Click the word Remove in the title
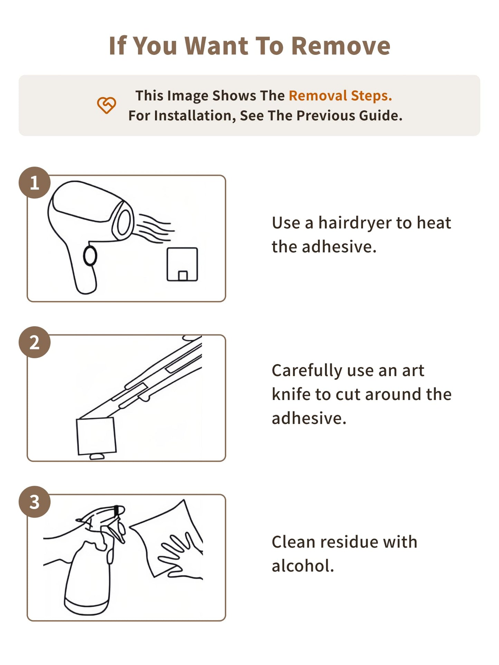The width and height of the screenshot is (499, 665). [340, 46]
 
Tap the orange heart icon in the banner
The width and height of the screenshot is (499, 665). [106, 105]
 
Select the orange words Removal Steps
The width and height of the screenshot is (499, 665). [340, 96]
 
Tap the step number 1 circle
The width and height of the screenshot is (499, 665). [35, 183]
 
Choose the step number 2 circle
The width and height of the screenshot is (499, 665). [35, 342]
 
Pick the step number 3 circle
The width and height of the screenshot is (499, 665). [35, 502]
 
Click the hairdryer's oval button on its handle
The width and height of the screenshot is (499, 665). [90, 256]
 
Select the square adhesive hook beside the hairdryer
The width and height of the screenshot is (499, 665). [182, 264]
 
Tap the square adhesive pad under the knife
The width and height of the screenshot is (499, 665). [96, 436]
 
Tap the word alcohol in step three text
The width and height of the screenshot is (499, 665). [303, 566]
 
